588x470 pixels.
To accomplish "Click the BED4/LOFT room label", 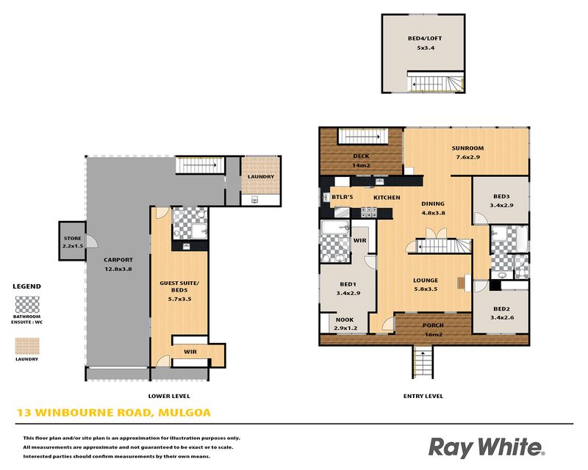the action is click(x=425, y=38).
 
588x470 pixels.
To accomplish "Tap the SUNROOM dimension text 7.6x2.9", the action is click(x=467, y=157).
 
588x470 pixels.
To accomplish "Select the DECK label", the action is click(x=361, y=156).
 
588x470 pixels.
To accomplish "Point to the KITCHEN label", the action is click(x=387, y=198).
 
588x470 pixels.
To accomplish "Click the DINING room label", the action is click(x=433, y=204).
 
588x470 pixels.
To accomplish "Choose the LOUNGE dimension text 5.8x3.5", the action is click(x=426, y=289).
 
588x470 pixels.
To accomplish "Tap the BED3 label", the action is click(x=501, y=196).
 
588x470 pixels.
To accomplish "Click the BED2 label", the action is click(x=501, y=309).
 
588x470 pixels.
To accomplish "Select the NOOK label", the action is click(x=345, y=319).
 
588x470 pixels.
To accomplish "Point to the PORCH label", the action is click(x=433, y=325).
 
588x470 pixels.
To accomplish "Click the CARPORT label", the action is click(x=118, y=260).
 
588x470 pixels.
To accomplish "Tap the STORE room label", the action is click(x=72, y=239).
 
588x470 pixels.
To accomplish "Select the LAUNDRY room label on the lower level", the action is click(x=261, y=176).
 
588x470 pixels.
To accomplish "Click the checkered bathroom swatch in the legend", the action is click(x=27, y=305).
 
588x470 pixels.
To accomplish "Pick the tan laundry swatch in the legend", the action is click(x=27, y=346).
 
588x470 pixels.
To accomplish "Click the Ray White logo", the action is click(x=487, y=447).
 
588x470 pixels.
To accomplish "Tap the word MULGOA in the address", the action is click(x=184, y=413).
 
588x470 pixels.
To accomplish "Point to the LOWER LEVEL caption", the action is click(x=169, y=396).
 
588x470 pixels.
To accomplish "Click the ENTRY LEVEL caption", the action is click(x=423, y=396).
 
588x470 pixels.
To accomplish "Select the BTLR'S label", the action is click(x=342, y=197).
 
